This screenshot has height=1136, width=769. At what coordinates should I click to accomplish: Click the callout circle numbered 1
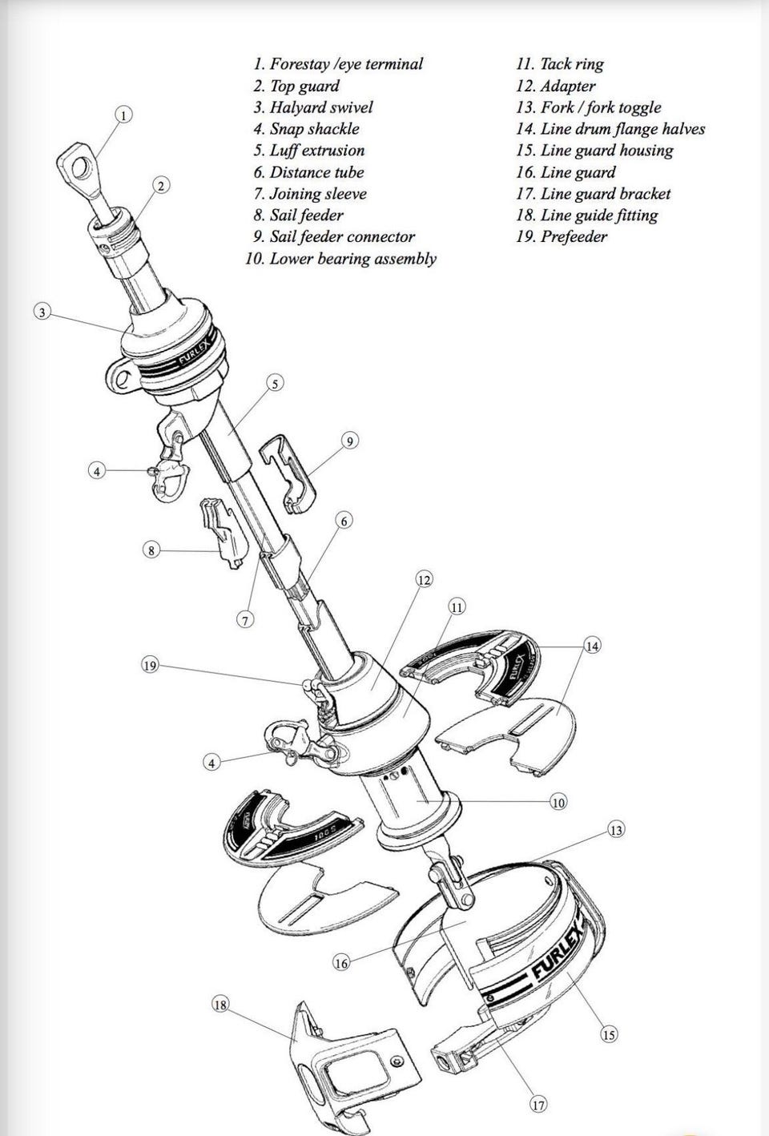point(124,115)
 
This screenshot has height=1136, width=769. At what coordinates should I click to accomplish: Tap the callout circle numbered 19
point(150,666)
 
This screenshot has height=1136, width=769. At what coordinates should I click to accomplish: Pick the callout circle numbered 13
point(616,830)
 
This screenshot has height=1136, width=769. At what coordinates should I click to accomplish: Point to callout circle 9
point(350,441)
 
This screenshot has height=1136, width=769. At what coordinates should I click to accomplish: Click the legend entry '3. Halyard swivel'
point(312,107)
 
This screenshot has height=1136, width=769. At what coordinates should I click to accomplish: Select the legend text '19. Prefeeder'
point(562,236)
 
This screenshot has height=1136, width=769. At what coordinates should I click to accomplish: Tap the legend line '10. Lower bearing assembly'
point(340,259)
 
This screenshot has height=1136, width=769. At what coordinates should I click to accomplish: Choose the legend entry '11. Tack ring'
point(560,64)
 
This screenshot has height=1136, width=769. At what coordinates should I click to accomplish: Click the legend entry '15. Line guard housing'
point(594,151)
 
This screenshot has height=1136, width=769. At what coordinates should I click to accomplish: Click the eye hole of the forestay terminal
point(81,168)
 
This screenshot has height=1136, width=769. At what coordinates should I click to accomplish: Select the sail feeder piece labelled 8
point(223,533)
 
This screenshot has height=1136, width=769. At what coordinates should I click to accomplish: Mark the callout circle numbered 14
point(593,646)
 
